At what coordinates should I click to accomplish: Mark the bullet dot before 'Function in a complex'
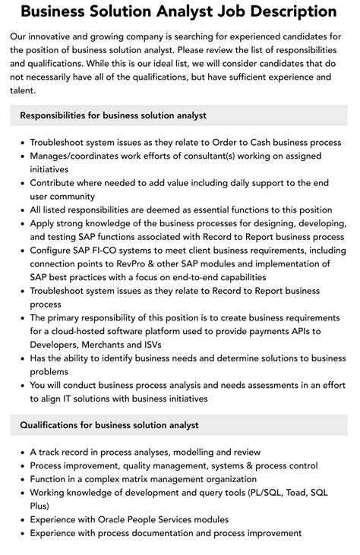point(21,480)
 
